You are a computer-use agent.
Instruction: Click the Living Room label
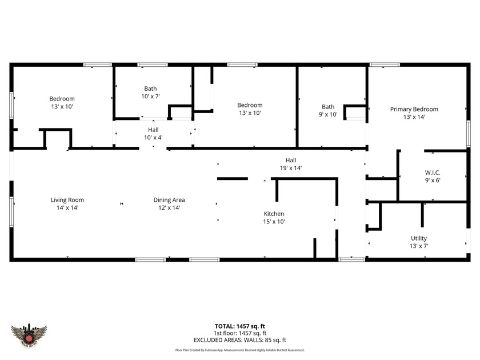67,200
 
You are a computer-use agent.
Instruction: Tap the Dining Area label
169,200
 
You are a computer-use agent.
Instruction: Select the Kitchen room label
274,214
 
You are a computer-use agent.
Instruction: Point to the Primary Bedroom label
414,109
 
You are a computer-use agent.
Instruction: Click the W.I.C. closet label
432,173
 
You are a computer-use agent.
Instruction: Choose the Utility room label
419,238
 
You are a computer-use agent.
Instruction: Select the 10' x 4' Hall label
153,137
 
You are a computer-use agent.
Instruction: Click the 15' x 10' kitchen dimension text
274,222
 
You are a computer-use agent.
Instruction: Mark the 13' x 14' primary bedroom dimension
414,117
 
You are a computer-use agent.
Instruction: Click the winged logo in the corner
29,333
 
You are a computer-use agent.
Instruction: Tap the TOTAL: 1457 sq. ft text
239,326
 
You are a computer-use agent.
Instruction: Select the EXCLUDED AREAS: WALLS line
239,340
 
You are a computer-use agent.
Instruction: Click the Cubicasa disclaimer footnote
239,350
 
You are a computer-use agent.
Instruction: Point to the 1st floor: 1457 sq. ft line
239,333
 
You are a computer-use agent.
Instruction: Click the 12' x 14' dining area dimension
169,208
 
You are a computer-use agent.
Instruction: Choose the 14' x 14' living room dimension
67,208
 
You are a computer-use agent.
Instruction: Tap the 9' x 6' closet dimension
432,181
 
